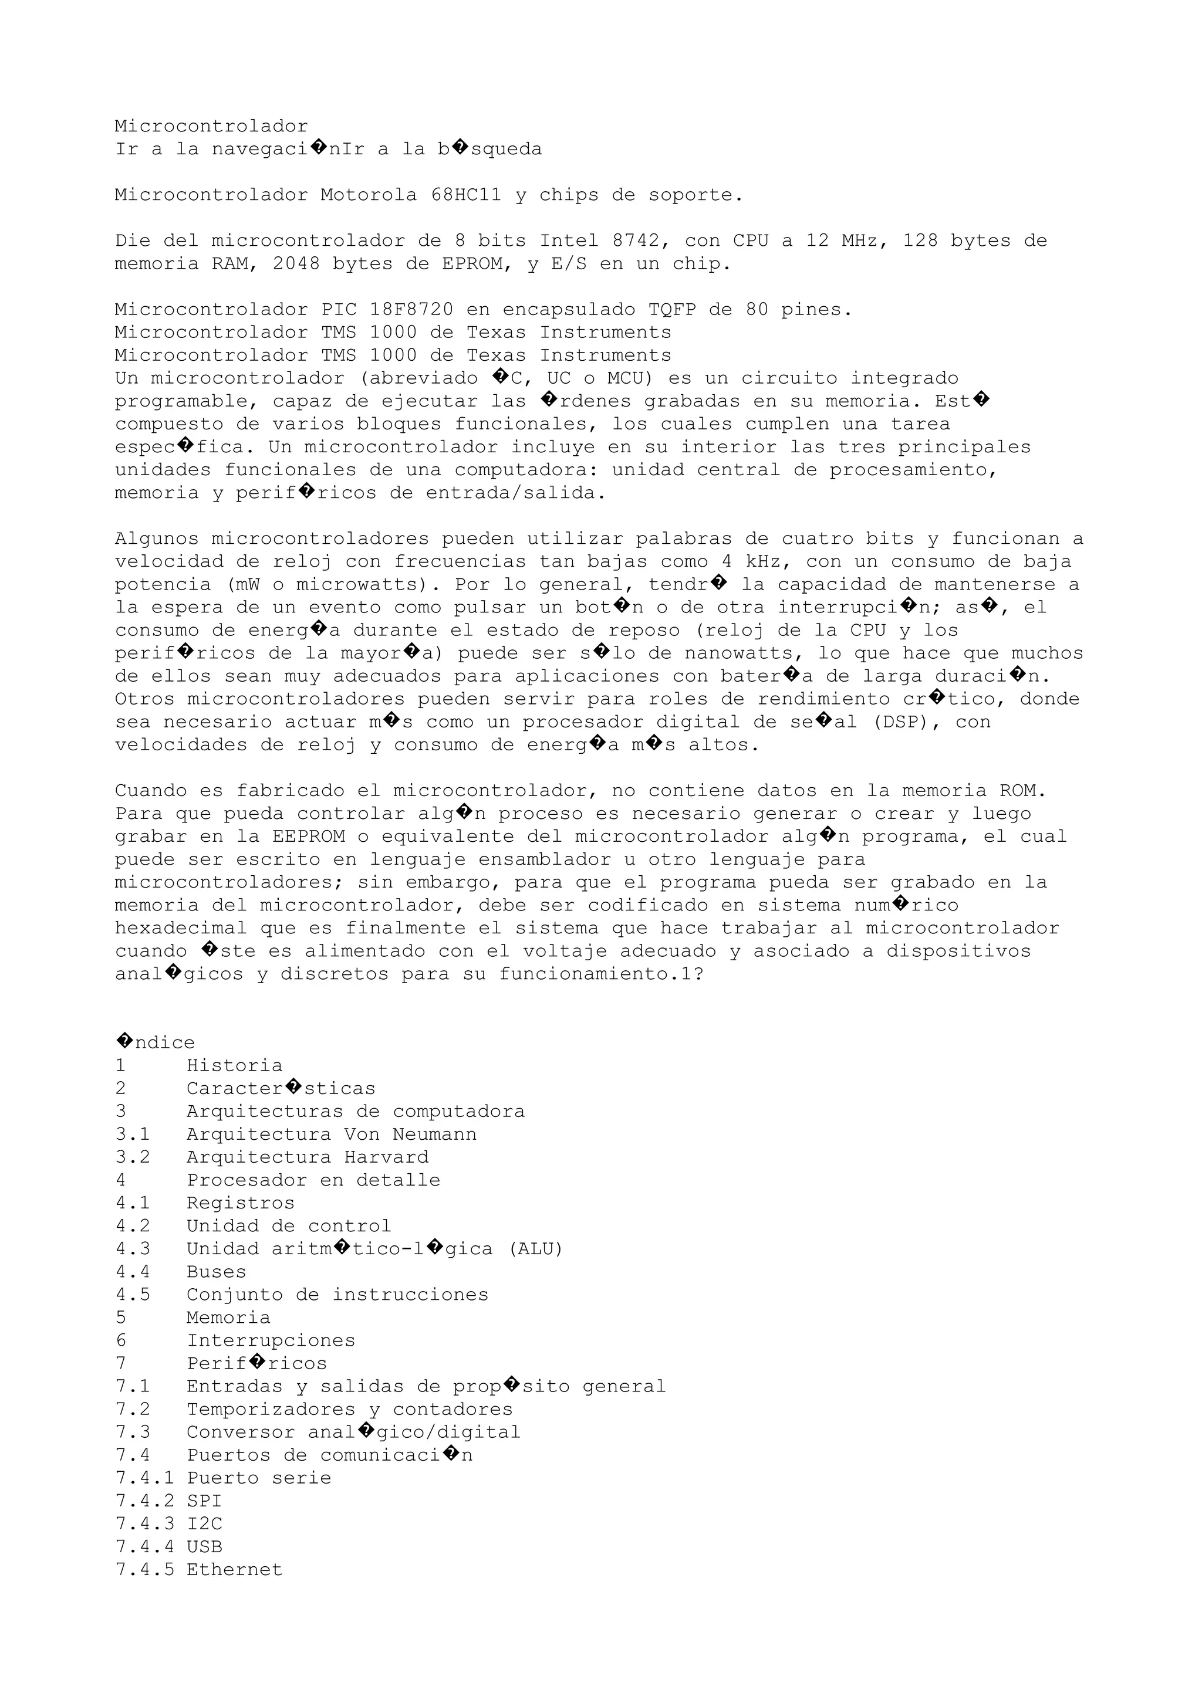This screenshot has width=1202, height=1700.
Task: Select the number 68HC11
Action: click(466, 195)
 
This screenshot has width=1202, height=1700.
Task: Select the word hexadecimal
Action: click(181, 929)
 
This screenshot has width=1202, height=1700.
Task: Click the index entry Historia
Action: click(234, 1065)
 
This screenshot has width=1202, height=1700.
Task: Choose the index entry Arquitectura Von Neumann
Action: click(331, 1135)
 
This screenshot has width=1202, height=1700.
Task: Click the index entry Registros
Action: click(240, 1203)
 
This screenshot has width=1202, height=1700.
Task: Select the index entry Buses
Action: click(215, 1272)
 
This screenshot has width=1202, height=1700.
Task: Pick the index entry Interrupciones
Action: click(271, 1340)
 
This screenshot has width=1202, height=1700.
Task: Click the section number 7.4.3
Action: click(144, 1524)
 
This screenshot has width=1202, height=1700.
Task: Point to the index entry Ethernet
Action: click(234, 1570)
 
